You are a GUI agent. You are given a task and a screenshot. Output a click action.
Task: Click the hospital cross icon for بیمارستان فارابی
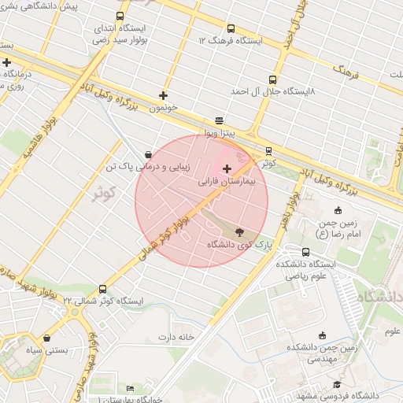(x=227, y=168)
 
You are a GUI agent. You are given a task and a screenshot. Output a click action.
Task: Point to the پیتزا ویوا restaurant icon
(x=219, y=120)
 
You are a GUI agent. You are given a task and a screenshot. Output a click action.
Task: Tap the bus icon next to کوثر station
(x=268, y=150)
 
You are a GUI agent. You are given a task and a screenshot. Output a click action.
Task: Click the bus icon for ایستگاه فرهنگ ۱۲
(x=231, y=28)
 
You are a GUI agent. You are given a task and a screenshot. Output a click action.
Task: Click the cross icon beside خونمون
(x=164, y=95)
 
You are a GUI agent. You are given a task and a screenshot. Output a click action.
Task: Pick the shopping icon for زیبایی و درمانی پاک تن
(x=149, y=154)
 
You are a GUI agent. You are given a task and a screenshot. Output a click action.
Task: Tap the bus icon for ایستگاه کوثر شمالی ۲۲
(x=102, y=289)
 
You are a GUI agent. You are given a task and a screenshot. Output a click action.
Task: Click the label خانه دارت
(x=176, y=337)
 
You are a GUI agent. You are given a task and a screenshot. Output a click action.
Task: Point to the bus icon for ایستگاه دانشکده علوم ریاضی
(x=305, y=252)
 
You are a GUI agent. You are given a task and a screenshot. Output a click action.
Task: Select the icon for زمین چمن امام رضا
(x=338, y=210)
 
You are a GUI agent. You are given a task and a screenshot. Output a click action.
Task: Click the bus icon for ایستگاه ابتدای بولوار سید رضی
(x=120, y=16)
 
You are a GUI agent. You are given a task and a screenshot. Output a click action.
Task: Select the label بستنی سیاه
(x=44, y=349)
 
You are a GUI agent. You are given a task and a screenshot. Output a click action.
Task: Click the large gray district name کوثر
(x=102, y=192)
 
